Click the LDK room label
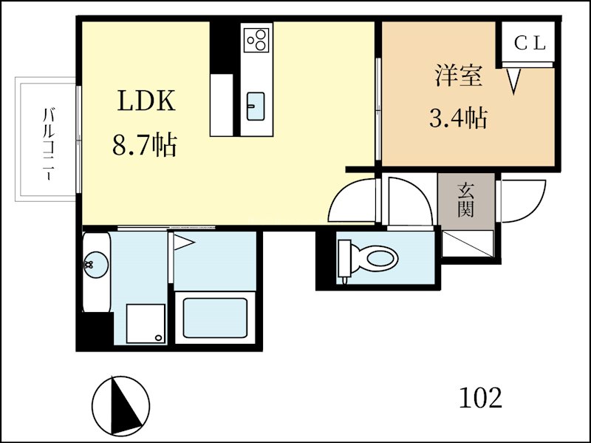pos(146,101)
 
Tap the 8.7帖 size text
pos(145,145)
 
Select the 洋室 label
pos(459,75)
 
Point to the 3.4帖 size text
pos(458,118)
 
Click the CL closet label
pos(530,43)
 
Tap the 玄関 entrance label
pos(466,200)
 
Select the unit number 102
pos(481,398)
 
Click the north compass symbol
pos(120,405)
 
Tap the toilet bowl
pos(368,259)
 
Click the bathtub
pos(215,318)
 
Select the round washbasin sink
pos(96,265)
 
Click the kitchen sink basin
pos(256,106)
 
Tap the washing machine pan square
pos(146,323)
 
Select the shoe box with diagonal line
pos(468,243)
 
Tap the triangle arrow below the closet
pos(513,81)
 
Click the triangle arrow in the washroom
pos(184,243)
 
